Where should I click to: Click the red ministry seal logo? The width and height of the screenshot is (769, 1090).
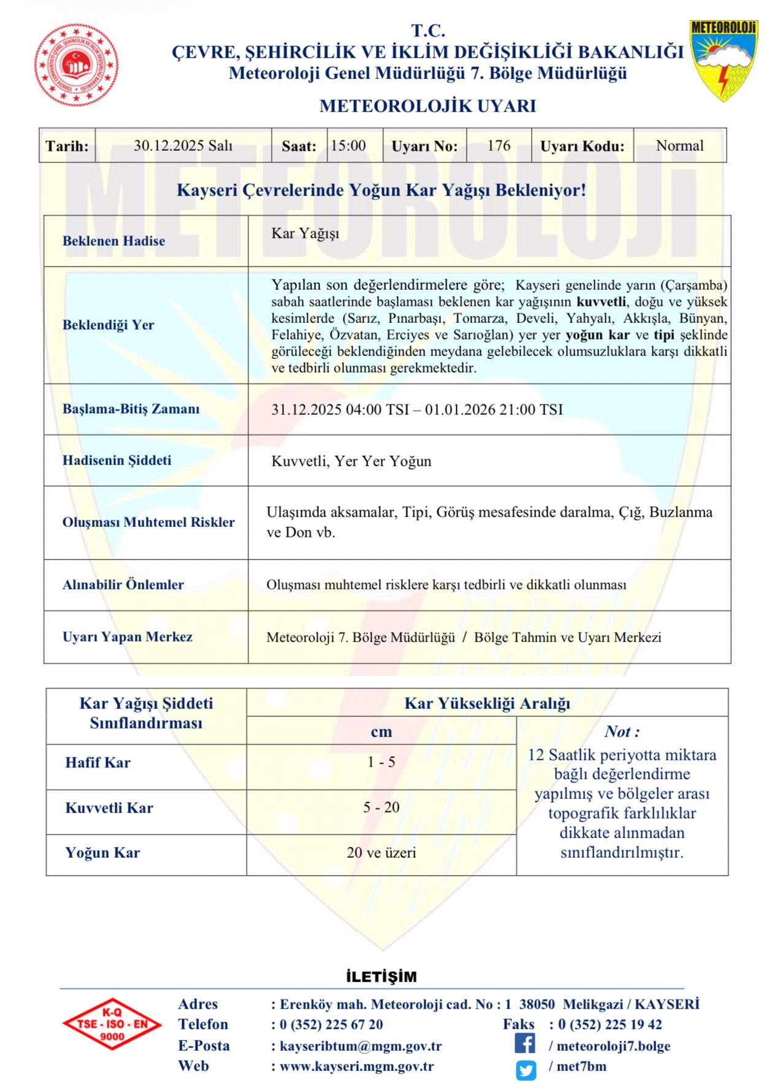77,65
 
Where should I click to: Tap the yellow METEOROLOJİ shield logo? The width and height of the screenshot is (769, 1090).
724,60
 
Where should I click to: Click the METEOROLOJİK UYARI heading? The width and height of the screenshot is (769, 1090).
427,106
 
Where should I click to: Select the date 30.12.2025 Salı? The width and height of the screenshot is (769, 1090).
183,146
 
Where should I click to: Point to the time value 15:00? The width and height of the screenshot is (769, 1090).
348,146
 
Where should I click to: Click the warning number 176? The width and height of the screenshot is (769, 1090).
499,146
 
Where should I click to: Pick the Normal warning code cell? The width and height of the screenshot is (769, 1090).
679,146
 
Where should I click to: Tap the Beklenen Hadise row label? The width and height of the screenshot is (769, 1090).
114,241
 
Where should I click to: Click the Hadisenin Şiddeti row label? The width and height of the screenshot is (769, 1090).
117,460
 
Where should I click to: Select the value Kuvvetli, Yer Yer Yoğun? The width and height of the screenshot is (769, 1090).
351,461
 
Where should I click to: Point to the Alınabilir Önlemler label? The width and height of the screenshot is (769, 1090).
123,585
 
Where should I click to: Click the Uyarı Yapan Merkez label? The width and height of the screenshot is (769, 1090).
128,637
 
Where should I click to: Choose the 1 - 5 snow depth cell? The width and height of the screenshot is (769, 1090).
381,762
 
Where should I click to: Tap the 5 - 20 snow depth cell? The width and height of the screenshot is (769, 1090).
381,808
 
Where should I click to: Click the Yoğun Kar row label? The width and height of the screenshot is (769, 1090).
103,852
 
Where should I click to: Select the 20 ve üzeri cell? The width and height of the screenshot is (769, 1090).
381,852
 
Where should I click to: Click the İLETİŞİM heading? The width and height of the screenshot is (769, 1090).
381,977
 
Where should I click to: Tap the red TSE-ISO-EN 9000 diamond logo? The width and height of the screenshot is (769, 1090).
112,1024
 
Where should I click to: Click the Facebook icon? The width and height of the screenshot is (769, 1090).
525,1043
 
